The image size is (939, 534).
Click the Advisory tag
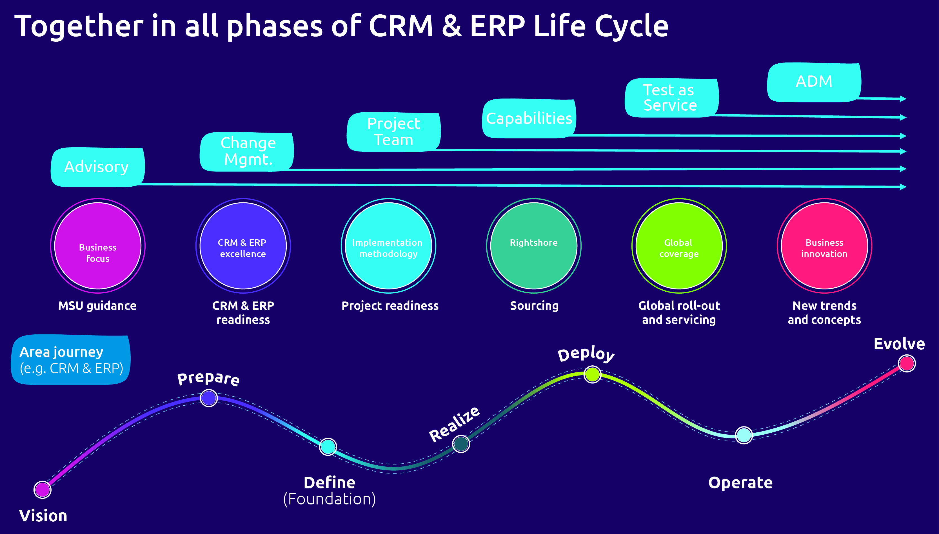pos(97,167)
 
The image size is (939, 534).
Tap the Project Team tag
pos(393,132)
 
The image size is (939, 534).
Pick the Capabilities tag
pos(529,119)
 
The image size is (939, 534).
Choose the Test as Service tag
pos(671,98)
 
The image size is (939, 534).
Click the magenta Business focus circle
pos(98,246)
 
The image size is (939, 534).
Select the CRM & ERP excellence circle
pos(243,246)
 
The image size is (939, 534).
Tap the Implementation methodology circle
pos(388,246)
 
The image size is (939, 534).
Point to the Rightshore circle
pos(533,246)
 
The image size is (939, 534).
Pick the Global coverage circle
pos(679,246)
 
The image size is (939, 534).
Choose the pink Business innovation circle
pos(824,246)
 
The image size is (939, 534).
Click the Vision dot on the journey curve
pos(42,489)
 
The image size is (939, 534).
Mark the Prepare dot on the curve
pos(209,398)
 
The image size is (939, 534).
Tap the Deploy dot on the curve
pos(592,374)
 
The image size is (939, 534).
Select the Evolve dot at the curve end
pos(906,363)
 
